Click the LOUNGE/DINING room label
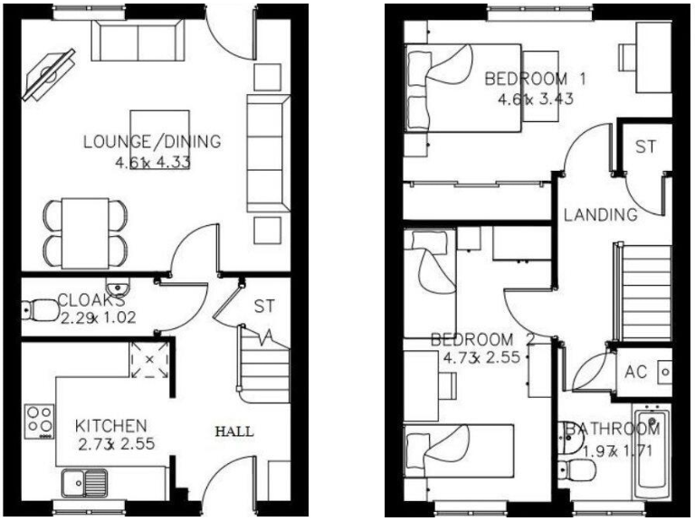tap(152, 142)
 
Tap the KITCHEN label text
tap(111, 425)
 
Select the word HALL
tap(233, 431)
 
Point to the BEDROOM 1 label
tap(536, 79)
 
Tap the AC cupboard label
tap(636, 372)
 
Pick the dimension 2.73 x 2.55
tap(111, 445)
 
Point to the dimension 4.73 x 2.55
tap(482, 358)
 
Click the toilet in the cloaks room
tap(34, 310)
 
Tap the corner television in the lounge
tap(51, 71)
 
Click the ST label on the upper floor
tap(645, 147)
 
